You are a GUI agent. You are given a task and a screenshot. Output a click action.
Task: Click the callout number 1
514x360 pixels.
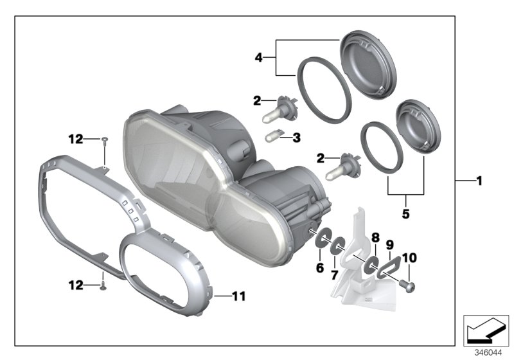479,182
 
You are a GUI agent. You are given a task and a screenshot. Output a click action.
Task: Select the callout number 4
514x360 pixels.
259,57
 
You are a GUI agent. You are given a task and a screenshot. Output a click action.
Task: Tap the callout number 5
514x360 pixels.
405,213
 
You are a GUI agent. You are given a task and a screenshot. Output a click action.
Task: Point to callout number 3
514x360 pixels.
296,137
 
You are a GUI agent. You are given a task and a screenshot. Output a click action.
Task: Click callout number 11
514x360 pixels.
238,296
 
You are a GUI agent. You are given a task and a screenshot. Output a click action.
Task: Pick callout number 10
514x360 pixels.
409,258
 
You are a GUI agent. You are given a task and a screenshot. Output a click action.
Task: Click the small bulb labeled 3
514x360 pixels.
274,136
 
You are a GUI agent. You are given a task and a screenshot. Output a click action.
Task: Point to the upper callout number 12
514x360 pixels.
76,138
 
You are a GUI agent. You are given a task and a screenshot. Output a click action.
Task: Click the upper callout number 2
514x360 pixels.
257,100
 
